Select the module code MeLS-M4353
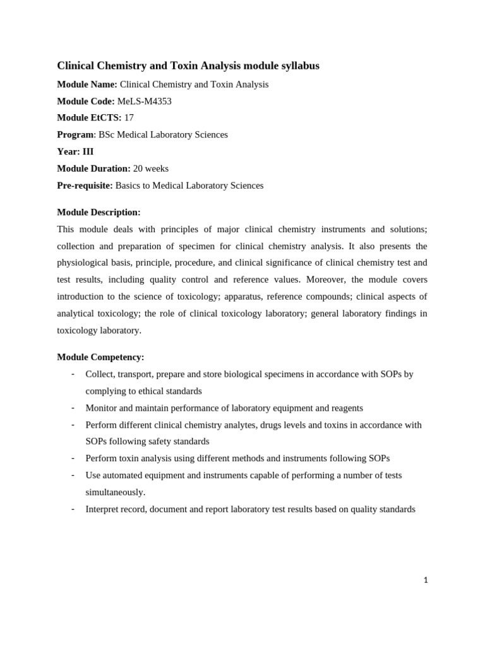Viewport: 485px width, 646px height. coord(144,101)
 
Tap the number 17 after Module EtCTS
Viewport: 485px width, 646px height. coord(129,118)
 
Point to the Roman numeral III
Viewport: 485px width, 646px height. coord(88,151)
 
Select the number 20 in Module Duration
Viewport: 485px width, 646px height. coord(138,168)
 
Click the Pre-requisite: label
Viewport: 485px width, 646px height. coord(85,185)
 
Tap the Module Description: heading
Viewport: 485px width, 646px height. coord(99,212)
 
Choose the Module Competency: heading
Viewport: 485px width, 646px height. coord(100,357)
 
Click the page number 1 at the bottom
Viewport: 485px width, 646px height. coord(426,580)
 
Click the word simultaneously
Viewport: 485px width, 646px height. coord(115,492)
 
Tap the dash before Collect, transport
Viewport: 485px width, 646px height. coord(73,374)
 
